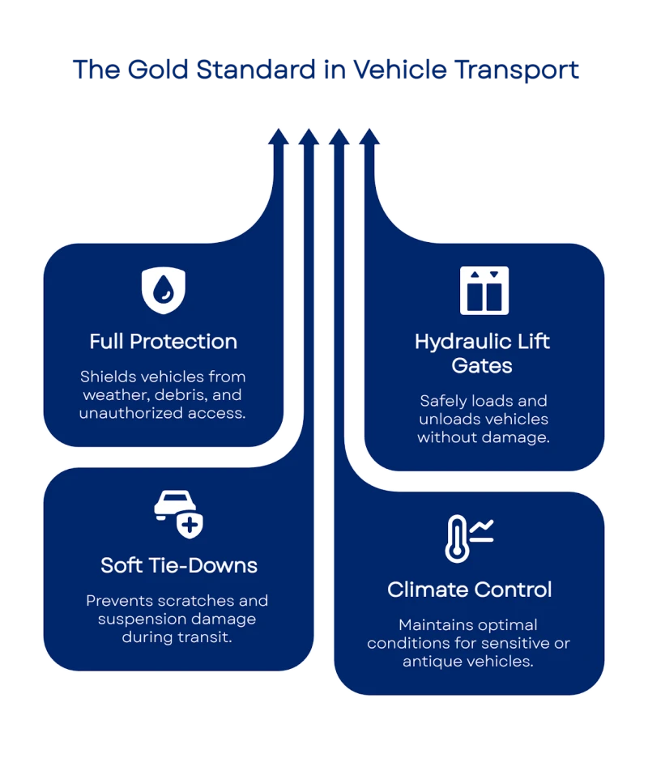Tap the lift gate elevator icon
(484, 290)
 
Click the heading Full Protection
(164, 341)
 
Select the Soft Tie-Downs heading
(179, 564)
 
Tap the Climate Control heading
(470, 589)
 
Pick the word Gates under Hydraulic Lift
(482, 365)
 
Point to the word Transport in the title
(527, 70)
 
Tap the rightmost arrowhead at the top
(369, 135)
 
